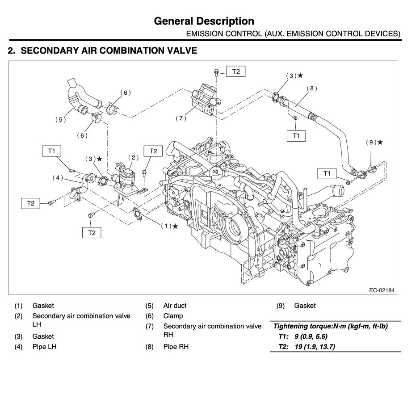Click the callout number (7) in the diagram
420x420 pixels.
click(x=180, y=118)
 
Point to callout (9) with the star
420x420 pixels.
click(x=374, y=142)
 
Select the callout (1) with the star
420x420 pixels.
click(x=169, y=226)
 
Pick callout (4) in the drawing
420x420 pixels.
click(x=58, y=177)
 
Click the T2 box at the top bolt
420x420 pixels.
click(x=235, y=71)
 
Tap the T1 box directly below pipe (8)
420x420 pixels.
click(x=296, y=135)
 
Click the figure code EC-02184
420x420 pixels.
click(x=382, y=290)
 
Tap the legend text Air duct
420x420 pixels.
click(x=175, y=306)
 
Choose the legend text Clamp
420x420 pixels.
click(x=173, y=316)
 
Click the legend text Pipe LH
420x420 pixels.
click(x=44, y=346)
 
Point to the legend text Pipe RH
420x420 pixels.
click(x=176, y=346)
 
